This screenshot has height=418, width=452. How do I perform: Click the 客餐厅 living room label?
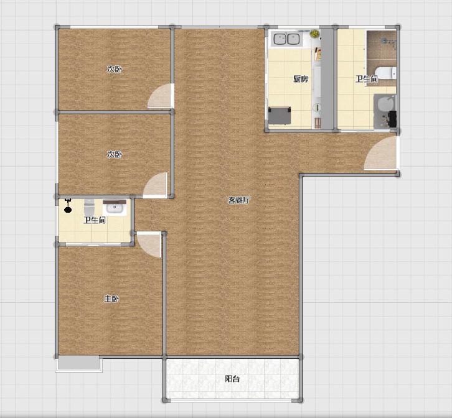(x=239, y=200)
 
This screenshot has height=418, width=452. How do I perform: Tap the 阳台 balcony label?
(x=232, y=379)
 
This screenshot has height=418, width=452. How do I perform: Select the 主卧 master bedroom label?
(x=111, y=299)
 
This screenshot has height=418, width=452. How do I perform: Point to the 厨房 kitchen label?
(x=301, y=78)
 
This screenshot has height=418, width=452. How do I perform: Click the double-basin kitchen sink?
(x=286, y=39)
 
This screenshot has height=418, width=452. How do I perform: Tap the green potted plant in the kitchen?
(x=315, y=34)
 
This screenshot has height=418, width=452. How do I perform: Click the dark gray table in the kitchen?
(x=280, y=115)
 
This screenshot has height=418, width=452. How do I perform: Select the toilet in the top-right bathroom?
(x=386, y=73)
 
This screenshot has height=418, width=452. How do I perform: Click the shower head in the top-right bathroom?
(x=389, y=42)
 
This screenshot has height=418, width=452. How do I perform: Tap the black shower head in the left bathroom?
(x=68, y=206)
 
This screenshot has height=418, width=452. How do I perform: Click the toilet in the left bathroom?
(x=89, y=207)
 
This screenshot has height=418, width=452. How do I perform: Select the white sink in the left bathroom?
(x=115, y=208)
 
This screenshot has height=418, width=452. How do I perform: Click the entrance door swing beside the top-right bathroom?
(x=380, y=153)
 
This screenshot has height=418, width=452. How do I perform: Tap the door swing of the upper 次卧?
(x=160, y=96)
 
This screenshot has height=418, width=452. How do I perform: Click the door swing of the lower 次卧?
(x=156, y=185)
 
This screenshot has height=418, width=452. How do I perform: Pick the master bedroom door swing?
(x=149, y=245)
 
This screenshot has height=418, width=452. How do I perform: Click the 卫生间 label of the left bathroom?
(x=95, y=220)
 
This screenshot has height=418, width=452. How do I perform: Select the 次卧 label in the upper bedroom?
(x=115, y=69)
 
